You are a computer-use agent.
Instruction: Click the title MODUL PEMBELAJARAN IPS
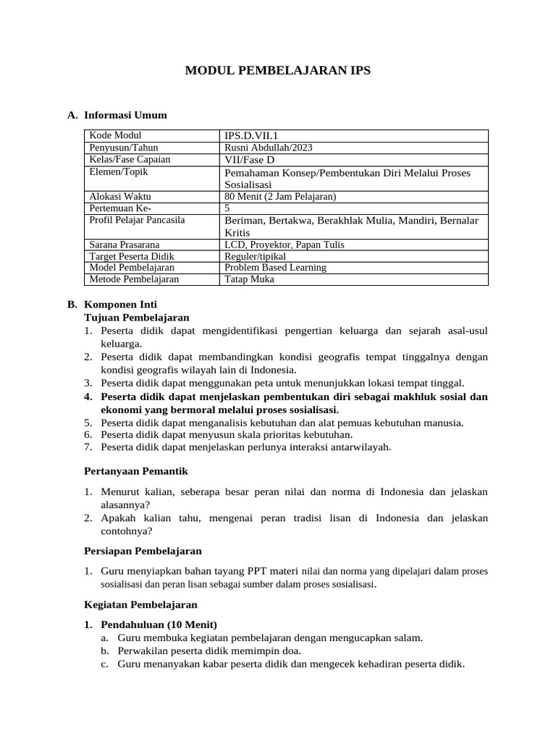pyautogui.click(x=278, y=70)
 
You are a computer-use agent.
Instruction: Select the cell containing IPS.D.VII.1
pyautogui.click(x=251, y=136)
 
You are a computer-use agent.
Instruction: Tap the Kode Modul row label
pyautogui.click(x=115, y=135)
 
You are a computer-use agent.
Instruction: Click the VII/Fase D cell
pyautogui.click(x=250, y=160)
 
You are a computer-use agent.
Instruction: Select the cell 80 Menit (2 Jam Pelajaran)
pyautogui.click(x=281, y=196)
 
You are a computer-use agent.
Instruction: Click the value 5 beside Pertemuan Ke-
pyautogui.click(x=227, y=208)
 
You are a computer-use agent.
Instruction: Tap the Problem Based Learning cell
pyautogui.click(x=276, y=268)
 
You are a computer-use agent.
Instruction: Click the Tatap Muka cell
pyautogui.click(x=250, y=279)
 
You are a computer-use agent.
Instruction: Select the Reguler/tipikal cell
pyautogui.click(x=256, y=256)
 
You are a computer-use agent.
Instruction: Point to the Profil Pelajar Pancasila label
pyautogui.click(x=137, y=220)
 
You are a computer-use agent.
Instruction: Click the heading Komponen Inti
pyautogui.click(x=120, y=305)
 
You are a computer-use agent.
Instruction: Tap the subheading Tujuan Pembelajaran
pyautogui.click(x=137, y=317)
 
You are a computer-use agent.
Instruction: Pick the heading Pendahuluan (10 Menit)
pyautogui.click(x=159, y=624)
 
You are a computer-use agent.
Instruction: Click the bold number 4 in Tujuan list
pyautogui.click(x=88, y=397)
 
